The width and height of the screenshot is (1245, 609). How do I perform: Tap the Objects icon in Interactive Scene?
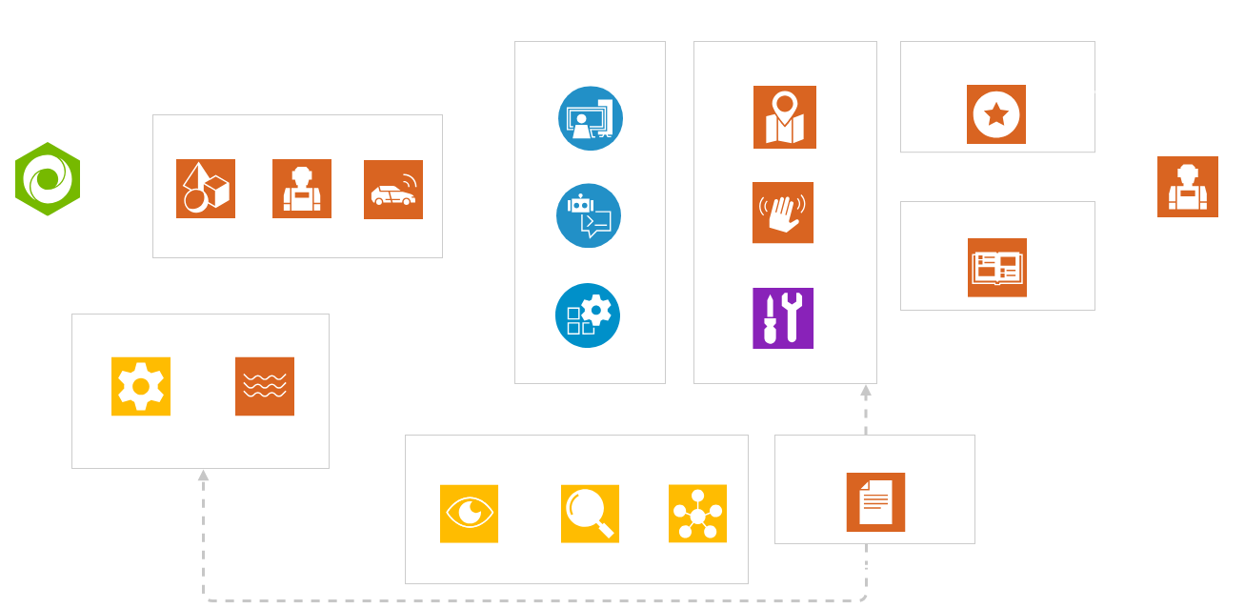(205, 189)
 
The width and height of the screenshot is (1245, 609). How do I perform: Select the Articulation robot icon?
(301, 189)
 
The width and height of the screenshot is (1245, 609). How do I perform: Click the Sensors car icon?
(392, 189)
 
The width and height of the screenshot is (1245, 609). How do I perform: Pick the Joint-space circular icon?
(590, 118)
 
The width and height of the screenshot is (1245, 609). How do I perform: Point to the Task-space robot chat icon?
(589, 216)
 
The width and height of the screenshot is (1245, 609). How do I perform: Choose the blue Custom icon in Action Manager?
(588, 315)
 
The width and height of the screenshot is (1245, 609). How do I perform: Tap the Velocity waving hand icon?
(783, 213)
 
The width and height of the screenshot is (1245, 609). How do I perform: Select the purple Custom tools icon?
(783, 317)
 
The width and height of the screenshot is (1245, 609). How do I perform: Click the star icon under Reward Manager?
(996, 114)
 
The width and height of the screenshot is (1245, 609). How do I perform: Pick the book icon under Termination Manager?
(996, 267)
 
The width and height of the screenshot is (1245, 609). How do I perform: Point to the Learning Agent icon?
(1187, 186)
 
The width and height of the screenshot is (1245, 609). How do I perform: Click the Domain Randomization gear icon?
(140, 386)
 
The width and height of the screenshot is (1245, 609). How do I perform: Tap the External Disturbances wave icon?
(264, 386)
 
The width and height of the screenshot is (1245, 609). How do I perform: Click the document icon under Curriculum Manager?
(875, 502)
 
